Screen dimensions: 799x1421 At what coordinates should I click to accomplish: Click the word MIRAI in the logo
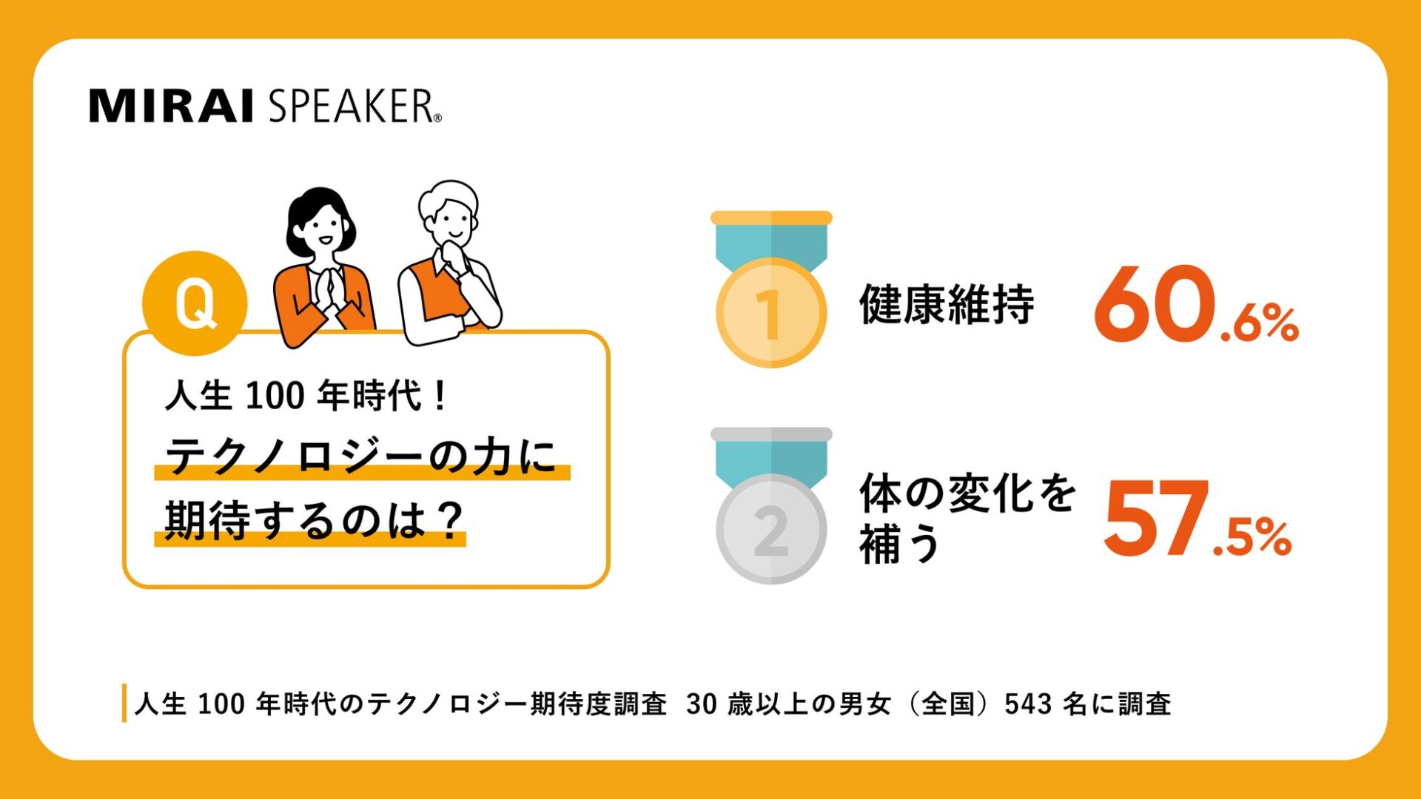[172, 106]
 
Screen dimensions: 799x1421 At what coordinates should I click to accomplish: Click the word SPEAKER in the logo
[351, 106]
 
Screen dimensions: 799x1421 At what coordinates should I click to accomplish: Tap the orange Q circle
[195, 303]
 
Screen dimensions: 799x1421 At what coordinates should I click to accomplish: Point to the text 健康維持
[947, 304]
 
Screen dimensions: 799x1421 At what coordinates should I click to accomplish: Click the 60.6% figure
[1195, 306]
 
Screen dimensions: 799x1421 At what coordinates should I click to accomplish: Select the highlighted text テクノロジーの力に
[361, 456]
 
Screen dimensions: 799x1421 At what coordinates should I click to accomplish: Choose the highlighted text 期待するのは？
[312, 521]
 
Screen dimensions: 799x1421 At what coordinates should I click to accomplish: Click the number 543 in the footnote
[1028, 704]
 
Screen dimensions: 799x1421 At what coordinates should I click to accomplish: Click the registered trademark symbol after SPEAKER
[437, 118]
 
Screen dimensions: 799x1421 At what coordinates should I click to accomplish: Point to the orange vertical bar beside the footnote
[124, 703]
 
